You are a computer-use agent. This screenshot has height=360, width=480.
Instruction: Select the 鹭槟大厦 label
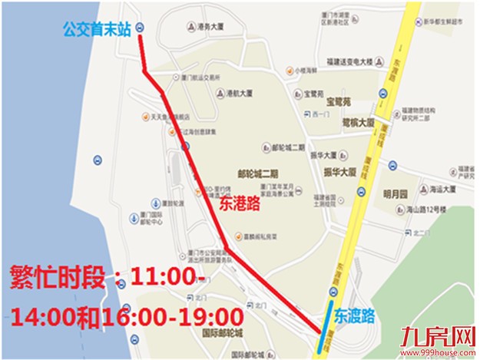(358, 123)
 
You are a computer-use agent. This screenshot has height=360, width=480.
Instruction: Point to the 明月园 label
(398, 193)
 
